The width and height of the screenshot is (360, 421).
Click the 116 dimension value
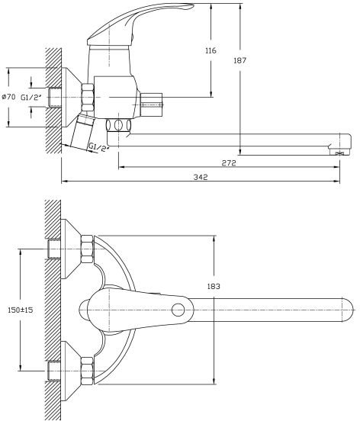(211, 50)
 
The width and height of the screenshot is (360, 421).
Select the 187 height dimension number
(239, 60)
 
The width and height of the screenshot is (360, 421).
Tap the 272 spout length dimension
(229, 162)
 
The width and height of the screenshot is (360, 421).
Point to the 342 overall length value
(201, 177)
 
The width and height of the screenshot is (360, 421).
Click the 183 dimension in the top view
(214, 287)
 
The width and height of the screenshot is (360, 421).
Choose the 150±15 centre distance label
(21, 310)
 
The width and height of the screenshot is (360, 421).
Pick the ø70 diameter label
(8, 97)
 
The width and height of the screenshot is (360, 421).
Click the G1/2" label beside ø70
(31, 98)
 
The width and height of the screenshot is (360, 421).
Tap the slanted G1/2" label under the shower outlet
(99, 148)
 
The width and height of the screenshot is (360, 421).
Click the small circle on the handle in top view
(178, 310)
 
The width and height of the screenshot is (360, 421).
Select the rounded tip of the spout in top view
(350, 310)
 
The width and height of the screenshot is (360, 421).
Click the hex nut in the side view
(88, 97)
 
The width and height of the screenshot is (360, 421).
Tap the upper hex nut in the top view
(87, 249)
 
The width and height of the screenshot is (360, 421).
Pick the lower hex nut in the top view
(87, 371)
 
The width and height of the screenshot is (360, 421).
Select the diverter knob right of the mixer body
(152, 104)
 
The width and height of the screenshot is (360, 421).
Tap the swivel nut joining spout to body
(118, 125)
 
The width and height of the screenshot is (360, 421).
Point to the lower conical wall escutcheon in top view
(72, 371)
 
